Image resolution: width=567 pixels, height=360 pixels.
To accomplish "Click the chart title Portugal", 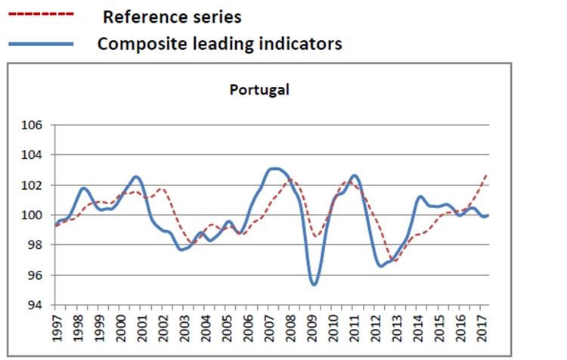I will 259,89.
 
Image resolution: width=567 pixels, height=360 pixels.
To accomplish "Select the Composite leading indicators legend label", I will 219,43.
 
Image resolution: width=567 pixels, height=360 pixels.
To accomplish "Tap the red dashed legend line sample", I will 40,14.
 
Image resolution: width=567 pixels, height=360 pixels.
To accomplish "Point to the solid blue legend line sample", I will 40,44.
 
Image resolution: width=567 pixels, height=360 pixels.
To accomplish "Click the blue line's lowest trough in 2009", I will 314,284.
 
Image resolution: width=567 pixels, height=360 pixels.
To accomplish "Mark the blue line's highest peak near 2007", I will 276,168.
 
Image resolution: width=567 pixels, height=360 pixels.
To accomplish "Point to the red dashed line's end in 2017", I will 486,175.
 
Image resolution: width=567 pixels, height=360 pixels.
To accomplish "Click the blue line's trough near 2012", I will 381,265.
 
